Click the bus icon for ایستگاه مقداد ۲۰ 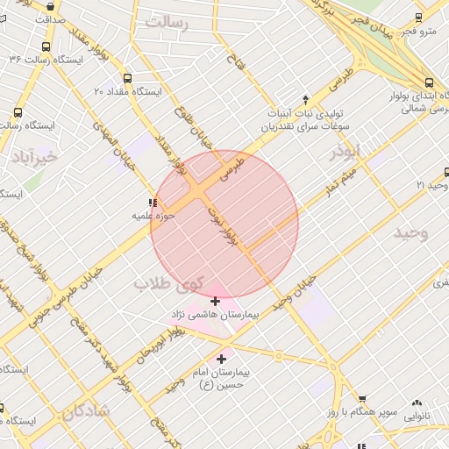[128, 77]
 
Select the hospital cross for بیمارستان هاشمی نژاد [216, 302]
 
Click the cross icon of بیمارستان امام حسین [221, 359]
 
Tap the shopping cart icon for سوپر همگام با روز [363, 399]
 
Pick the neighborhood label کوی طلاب [168, 283]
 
